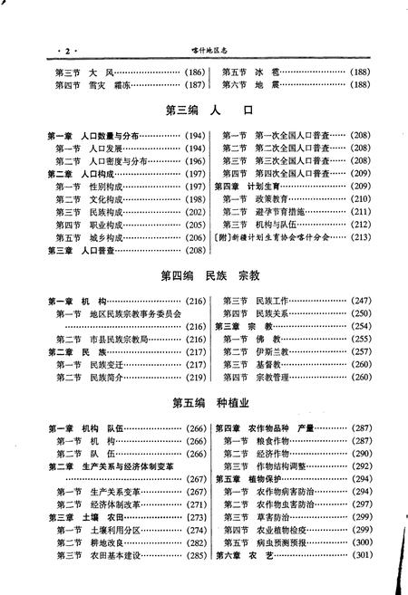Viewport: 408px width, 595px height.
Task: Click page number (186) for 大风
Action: (x=193, y=72)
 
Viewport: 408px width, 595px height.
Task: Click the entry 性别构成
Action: (x=106, y=185)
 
